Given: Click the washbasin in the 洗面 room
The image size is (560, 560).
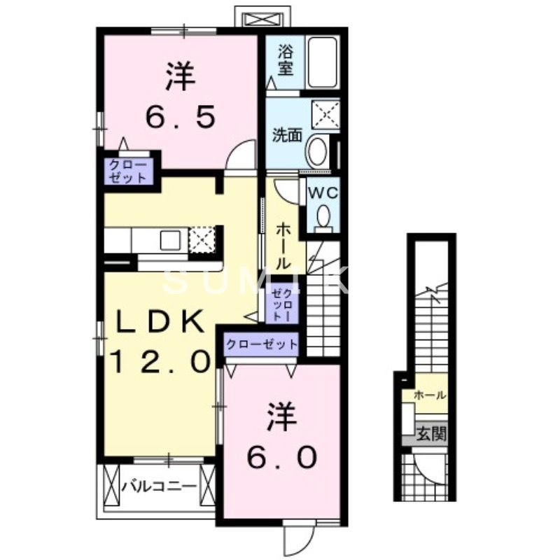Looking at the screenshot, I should [318, 150].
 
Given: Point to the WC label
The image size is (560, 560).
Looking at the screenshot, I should [321, 191].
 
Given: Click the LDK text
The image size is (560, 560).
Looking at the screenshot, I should [160, 323].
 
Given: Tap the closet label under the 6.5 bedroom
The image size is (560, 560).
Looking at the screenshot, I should [127, 171].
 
